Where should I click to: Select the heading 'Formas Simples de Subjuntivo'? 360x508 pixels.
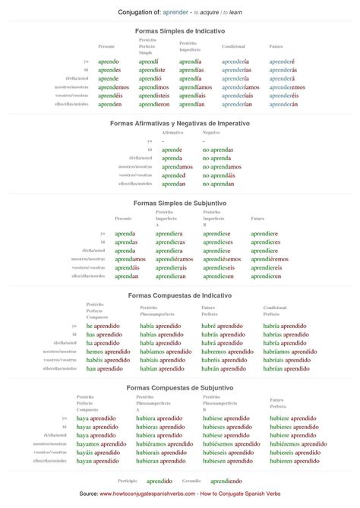click(x=180, y=204)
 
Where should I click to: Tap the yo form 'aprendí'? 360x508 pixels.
click(x=149, y=61)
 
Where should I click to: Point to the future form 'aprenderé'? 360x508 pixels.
click(x=282, y=61)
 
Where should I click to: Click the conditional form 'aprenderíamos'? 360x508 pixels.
click(x=242, y=87)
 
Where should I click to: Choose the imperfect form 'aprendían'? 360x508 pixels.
click(x=193, y=104)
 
